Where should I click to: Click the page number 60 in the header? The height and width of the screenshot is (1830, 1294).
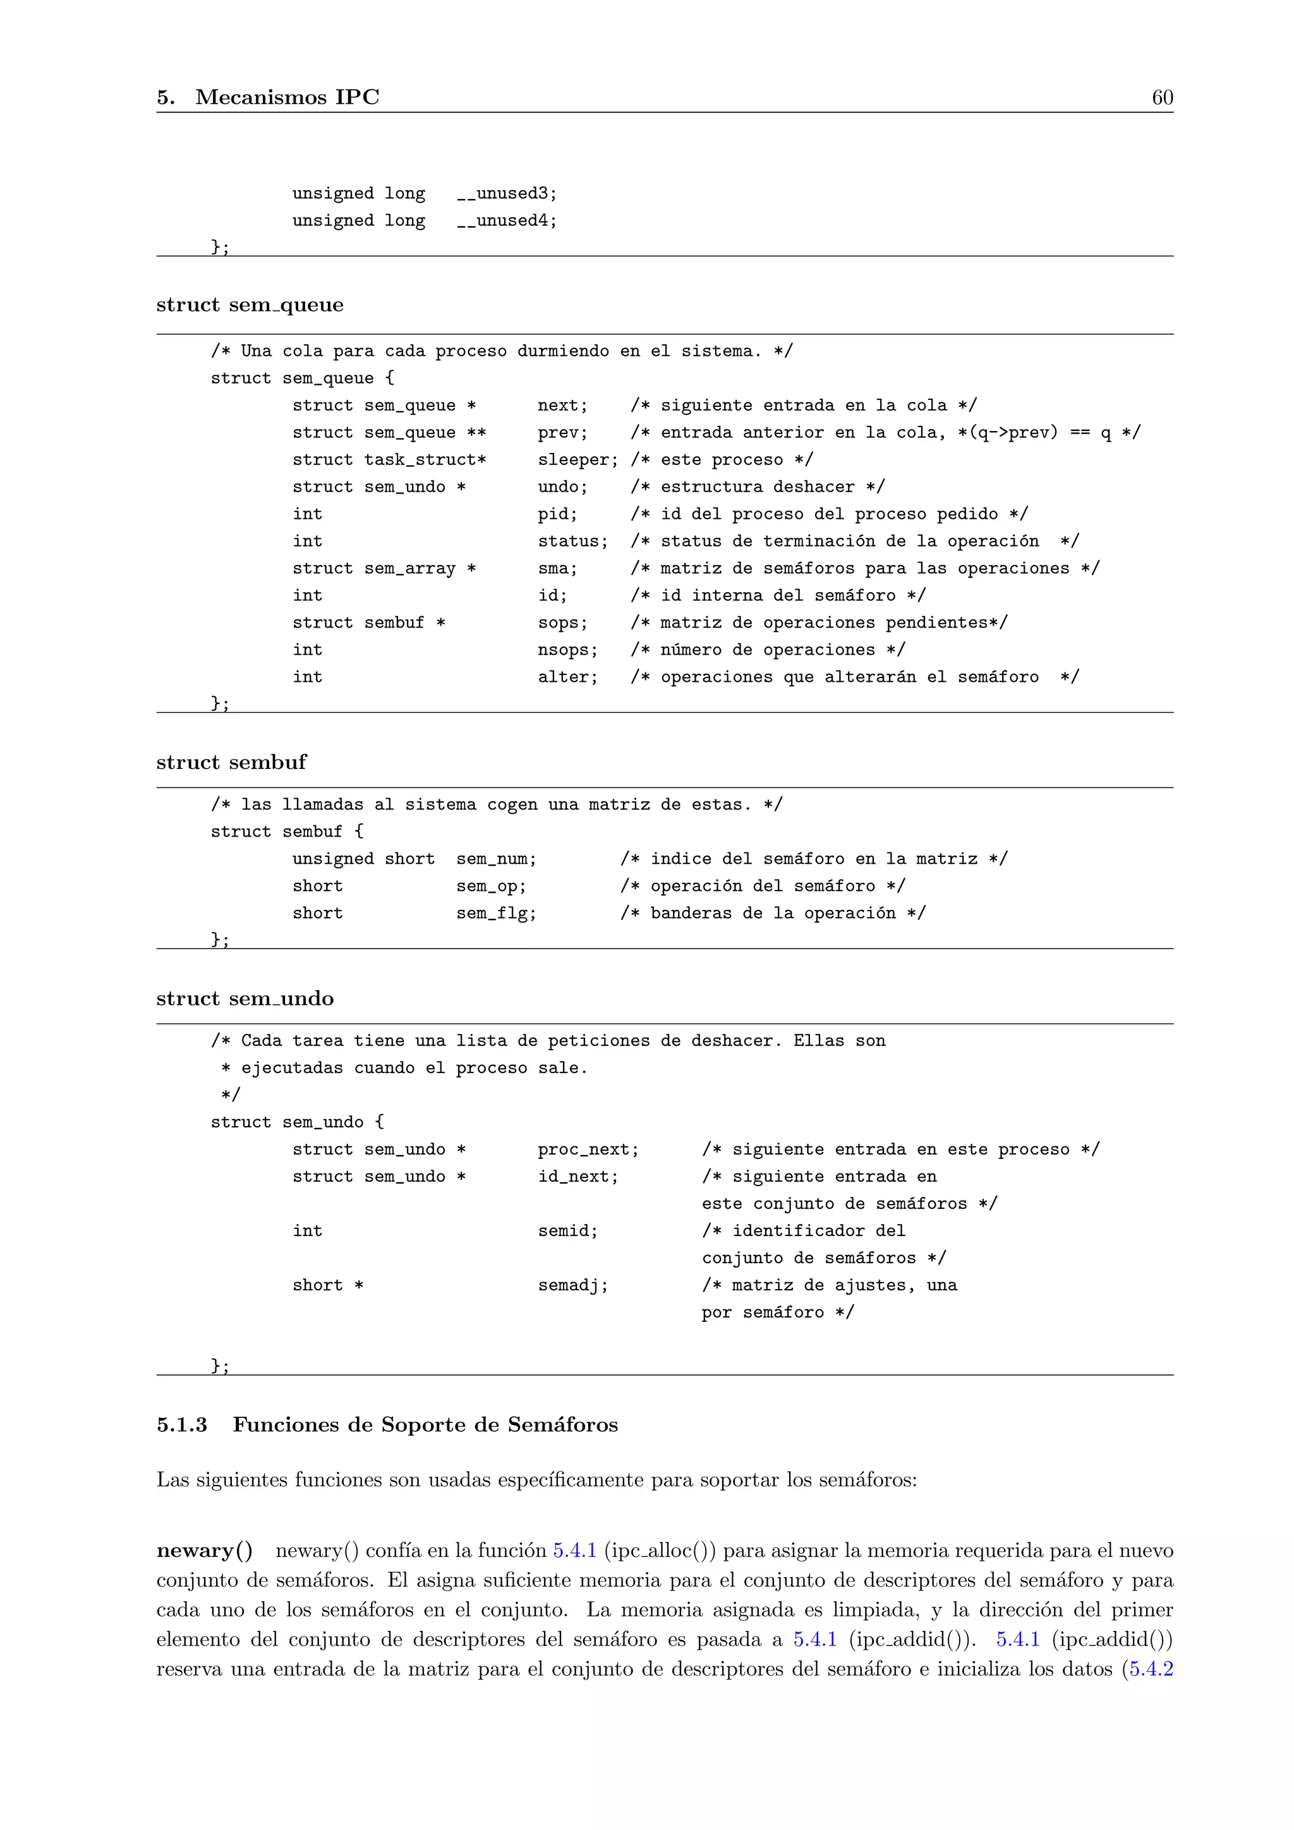(x=1162, y=97)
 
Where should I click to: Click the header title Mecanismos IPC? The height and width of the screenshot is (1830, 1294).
(x=287, y=97)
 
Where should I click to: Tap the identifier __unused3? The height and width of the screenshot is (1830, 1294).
(x=507, y=194)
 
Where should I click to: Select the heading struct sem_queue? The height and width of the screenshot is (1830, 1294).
(x=250, y=305)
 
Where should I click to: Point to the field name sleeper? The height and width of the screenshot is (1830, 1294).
(x=577, y=460)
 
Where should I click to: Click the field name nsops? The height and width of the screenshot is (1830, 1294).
(x=567, y=650)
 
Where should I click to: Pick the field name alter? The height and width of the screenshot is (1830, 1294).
(x=567, y=677)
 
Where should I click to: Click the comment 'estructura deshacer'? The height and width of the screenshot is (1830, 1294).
(x=757, y=487)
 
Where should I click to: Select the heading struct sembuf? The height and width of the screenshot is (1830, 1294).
(x=231, y=762)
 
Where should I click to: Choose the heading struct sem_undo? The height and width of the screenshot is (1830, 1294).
(x=245, y=998)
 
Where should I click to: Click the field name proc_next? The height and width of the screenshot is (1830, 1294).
(x=588, y=1149)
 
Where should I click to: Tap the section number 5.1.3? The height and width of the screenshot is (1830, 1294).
(x=182, y=1424)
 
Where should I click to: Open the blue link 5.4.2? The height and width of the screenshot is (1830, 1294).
(x=1151, y=1669)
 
